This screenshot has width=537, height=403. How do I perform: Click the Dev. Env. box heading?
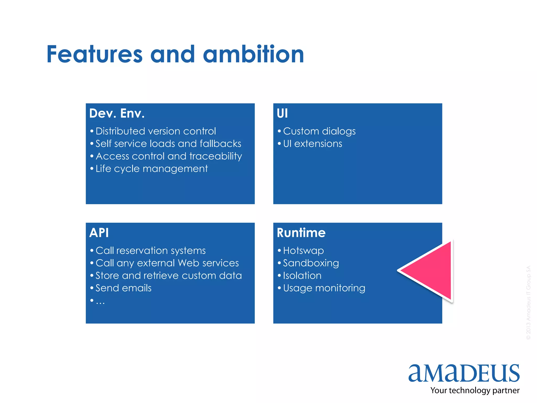pyautogui.click(x=117, y=113)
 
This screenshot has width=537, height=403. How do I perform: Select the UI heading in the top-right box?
pyautogui.click(x=282, y=113)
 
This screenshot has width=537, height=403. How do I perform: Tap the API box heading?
pyautogui.click(x=99, y=233)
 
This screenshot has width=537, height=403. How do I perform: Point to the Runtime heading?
pyautogui.click(x=301, y=233)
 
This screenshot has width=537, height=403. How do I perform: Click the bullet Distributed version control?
pyautogui.click(x=156, y=131)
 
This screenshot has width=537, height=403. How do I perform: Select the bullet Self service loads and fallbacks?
pyautogui.click(x=168, y=144)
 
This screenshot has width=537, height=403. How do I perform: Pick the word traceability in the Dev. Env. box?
pyautogui.click(x=216, y=156)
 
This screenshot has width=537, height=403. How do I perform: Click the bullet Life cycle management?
pyautogui.click(x=152, y=169)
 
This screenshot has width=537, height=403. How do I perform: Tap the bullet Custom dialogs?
pyautogui.click(x=319, y=131)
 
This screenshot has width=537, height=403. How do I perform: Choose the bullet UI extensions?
pyautogui.click(x=313, y=144)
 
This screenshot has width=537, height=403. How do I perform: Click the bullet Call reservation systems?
pyautogui.click(x=151, y=251)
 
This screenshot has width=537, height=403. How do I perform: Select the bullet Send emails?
pyautogui.click(x=123, y=288)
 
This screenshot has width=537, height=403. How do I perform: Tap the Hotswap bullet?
pyautogui.click(x=303, y=251)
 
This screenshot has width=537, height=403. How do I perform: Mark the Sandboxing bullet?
pyautogui.click(x=311, y=263)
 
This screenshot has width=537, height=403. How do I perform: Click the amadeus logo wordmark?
pyautogui.click(x=464, y=373)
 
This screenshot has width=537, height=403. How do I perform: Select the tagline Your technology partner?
pyautogui.click(x=475, y=390)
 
